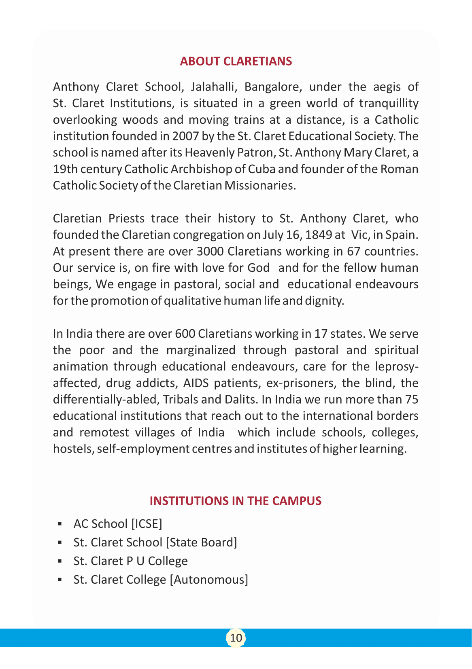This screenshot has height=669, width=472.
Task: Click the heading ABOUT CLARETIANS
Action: point(236,61)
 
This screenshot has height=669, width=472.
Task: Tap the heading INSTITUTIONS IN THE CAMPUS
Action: point(236,501)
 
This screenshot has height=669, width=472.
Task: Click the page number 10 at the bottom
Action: point(236,638)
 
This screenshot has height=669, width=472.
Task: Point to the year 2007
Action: point(185,136)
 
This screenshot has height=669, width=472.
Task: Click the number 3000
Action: point(210,252)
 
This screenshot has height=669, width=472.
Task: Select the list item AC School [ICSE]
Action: point(118,524)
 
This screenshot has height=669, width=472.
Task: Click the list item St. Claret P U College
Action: point(130,561)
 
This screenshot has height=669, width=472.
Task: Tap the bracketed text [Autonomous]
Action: point(209,580)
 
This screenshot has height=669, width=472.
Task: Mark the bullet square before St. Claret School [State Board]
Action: point(60,543)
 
